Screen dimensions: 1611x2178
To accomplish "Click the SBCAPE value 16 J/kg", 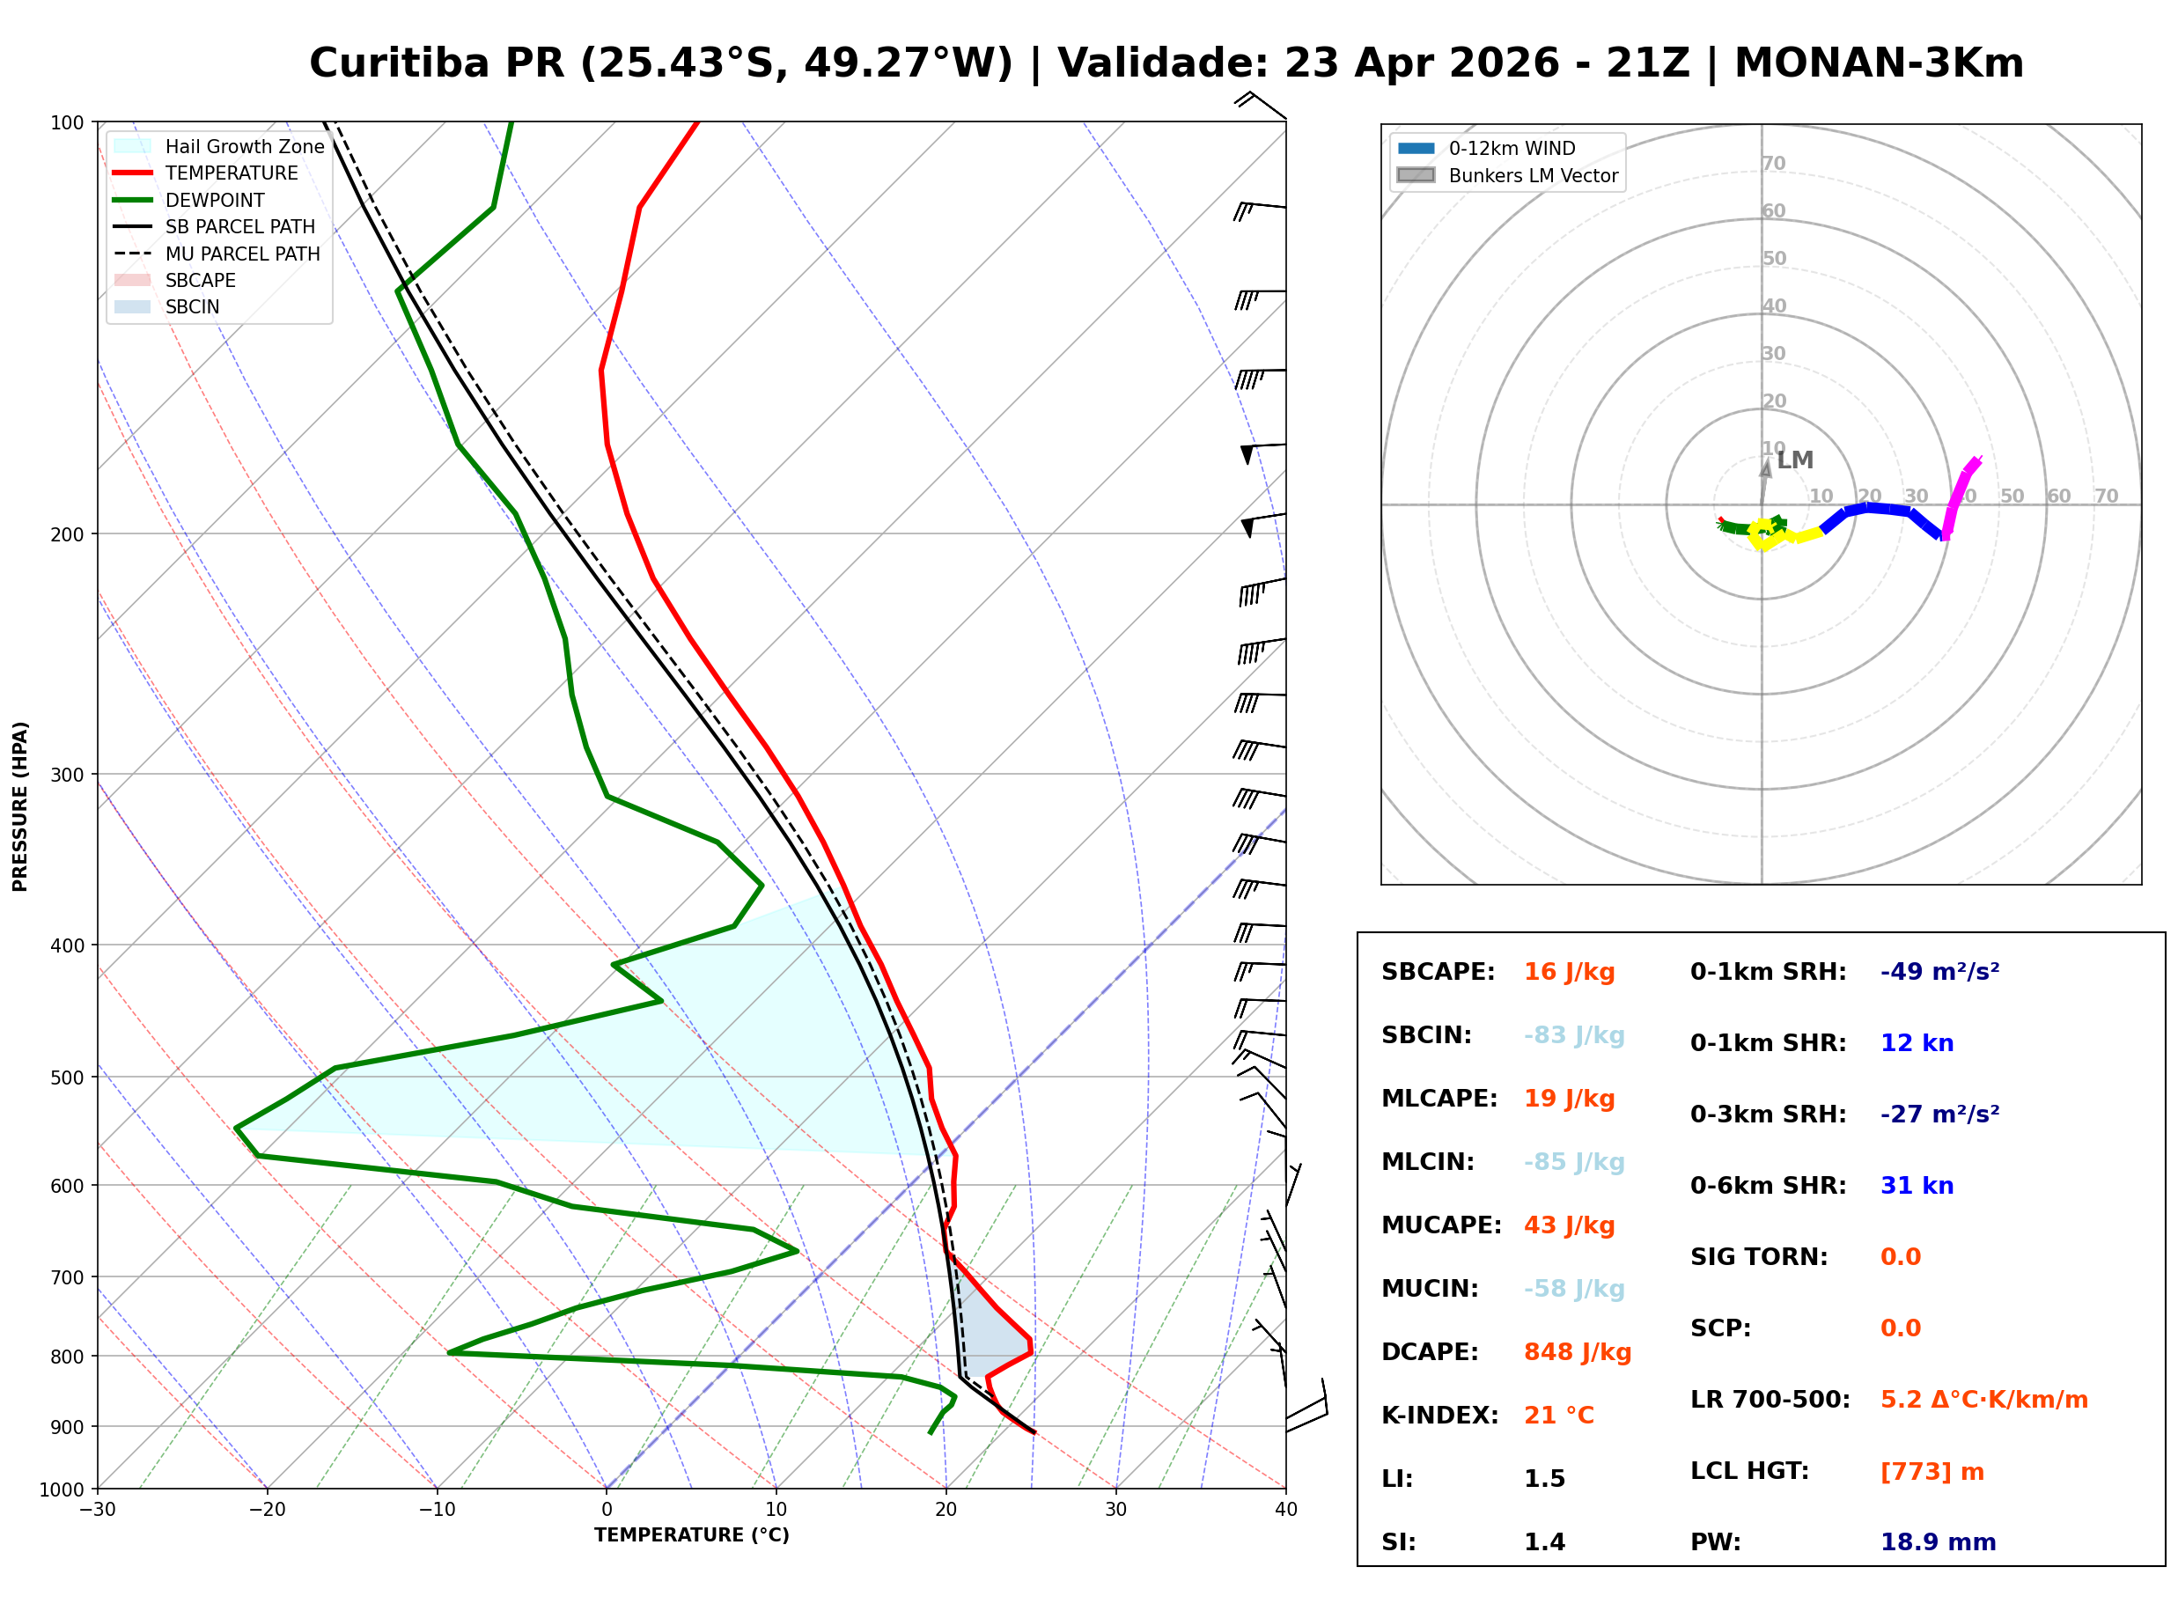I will click(1569, 972).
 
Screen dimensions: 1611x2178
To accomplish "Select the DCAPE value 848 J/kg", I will click(1577, 1352).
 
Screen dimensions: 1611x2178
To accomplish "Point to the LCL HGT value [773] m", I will click(1932, 1472).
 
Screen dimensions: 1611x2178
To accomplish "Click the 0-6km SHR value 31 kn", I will click(1917, 1186).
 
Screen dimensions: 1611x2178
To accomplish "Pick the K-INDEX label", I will click(1439, 1416).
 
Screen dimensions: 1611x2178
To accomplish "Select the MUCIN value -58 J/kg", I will click(1573, 1289).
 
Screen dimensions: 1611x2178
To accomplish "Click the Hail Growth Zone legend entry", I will click(244, 146).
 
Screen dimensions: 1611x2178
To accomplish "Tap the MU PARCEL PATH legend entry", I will click(242, 254).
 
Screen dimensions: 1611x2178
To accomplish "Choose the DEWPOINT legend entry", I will click(215, 200).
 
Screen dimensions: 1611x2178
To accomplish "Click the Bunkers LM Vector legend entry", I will click(1533, 175).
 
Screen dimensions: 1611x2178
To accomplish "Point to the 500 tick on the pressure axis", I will click(67, 1078).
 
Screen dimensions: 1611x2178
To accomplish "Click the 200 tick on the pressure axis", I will click(67, 534).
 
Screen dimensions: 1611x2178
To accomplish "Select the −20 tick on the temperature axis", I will click(267, 1510).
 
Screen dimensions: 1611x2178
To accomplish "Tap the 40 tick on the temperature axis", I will click(1285, 1510).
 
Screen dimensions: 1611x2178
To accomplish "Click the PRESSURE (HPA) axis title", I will click(19, 806).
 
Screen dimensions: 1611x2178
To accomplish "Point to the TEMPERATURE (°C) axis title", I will click(691, 1535).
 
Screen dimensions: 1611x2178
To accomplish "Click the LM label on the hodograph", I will click(1794, 460).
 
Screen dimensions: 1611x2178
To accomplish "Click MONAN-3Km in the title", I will click(1878, 63).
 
